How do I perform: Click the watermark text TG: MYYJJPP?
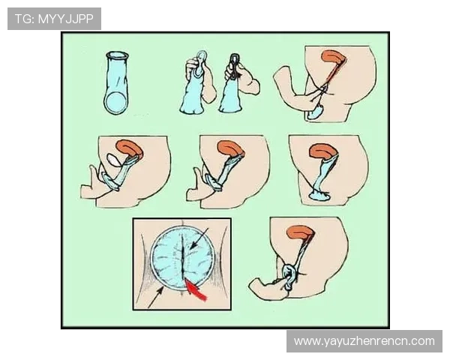click(54, 19)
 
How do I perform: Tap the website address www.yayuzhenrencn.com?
click(364, 341)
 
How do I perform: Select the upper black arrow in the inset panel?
click(199, 238)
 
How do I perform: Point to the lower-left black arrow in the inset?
click(156, 298)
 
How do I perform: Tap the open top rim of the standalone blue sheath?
click(116, 55)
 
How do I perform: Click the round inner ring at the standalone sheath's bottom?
click(116, 103)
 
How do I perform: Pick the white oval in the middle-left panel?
click(115, 160)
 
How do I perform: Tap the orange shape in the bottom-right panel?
click(300, 231)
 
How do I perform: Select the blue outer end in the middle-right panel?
click(320, 195)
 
